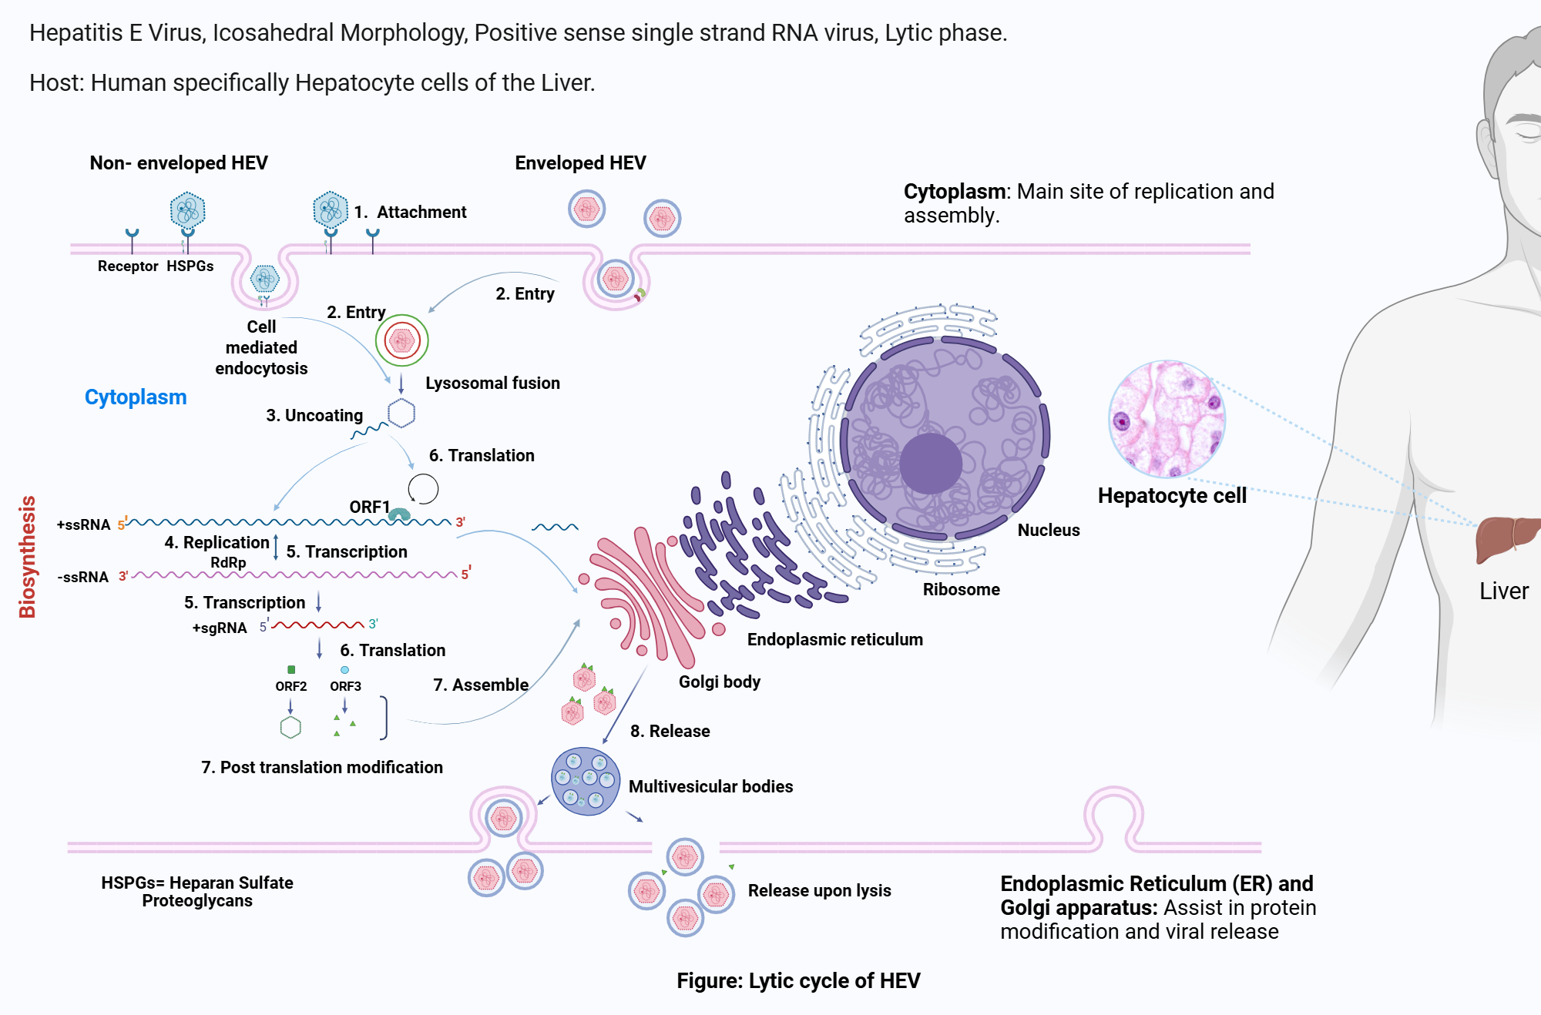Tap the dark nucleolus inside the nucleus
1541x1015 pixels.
point(930,463)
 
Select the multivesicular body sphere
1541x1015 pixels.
point(586,781)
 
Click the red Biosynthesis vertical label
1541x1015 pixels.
point(28,556)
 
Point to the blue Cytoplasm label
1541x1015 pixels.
point(136,397)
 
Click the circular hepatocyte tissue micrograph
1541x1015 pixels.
point(1167,419)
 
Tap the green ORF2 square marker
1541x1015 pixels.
point(291,669)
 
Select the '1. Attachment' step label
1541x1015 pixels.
point(411,213)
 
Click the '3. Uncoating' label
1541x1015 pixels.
point(314,416)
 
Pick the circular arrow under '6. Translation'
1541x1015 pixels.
point(423,488)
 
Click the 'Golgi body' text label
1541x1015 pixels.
point(719,682)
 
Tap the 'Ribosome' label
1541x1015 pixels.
point(961,590)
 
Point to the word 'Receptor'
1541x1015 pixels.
point(128,266)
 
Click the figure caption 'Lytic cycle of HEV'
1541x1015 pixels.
point(798,980)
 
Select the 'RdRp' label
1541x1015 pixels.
point(228,563)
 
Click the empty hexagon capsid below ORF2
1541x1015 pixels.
point(290,727)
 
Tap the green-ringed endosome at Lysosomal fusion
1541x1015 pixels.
point(401,340)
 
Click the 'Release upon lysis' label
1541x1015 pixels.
point(819,891)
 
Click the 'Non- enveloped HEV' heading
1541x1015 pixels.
point(179,163)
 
